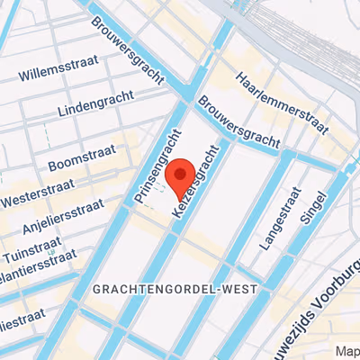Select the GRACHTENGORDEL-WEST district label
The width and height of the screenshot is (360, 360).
pos(175,289)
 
